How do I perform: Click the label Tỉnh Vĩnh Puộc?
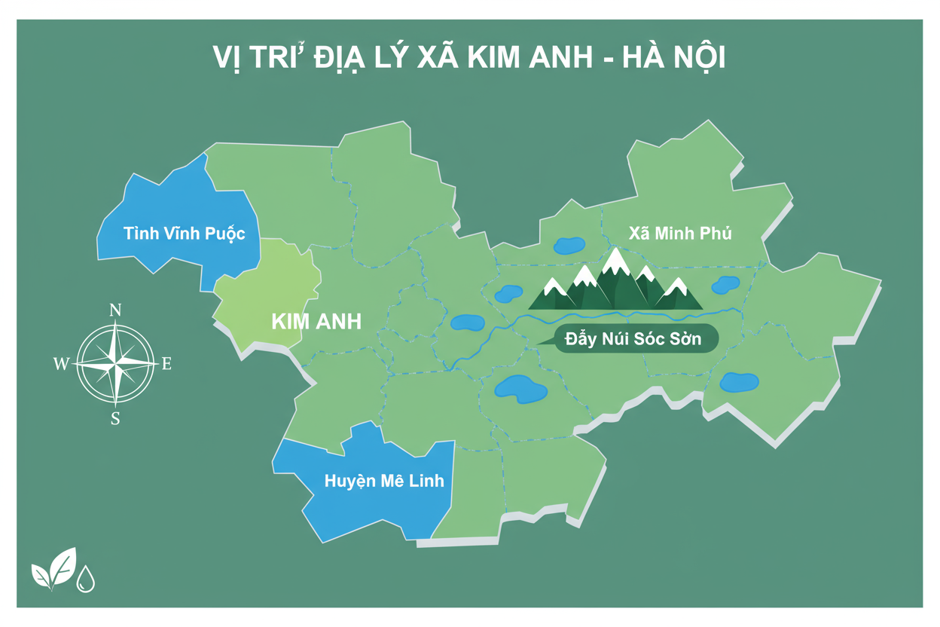pos(185,233)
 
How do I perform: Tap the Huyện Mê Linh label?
pos(384,481)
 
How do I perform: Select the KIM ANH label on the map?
pos(316,322)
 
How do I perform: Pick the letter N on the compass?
pos(115,310)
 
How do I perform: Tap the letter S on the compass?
pos(115,419)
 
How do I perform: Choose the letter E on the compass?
pos(167,365)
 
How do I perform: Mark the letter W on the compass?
pos(61,365)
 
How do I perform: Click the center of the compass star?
pos(115,364)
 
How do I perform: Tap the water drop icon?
pos(86,579)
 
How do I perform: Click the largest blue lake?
pos(520,389)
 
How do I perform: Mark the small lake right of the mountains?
pos(725,285)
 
